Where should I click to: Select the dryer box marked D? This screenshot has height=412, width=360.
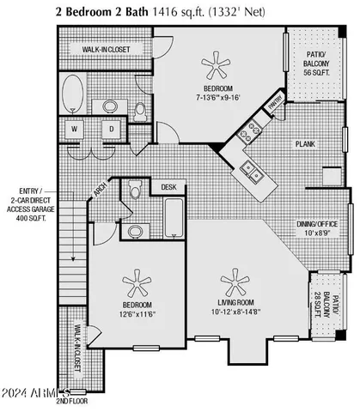coord(111,130)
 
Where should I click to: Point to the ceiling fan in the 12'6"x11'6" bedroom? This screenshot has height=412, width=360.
coord(135,282)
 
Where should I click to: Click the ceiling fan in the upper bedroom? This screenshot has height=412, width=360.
coord(210,64)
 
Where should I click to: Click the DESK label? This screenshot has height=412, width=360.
coord(168,186)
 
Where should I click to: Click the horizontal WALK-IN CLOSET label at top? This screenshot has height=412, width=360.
coord(107,51)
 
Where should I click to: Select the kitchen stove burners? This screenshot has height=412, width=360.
coord(252,131)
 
